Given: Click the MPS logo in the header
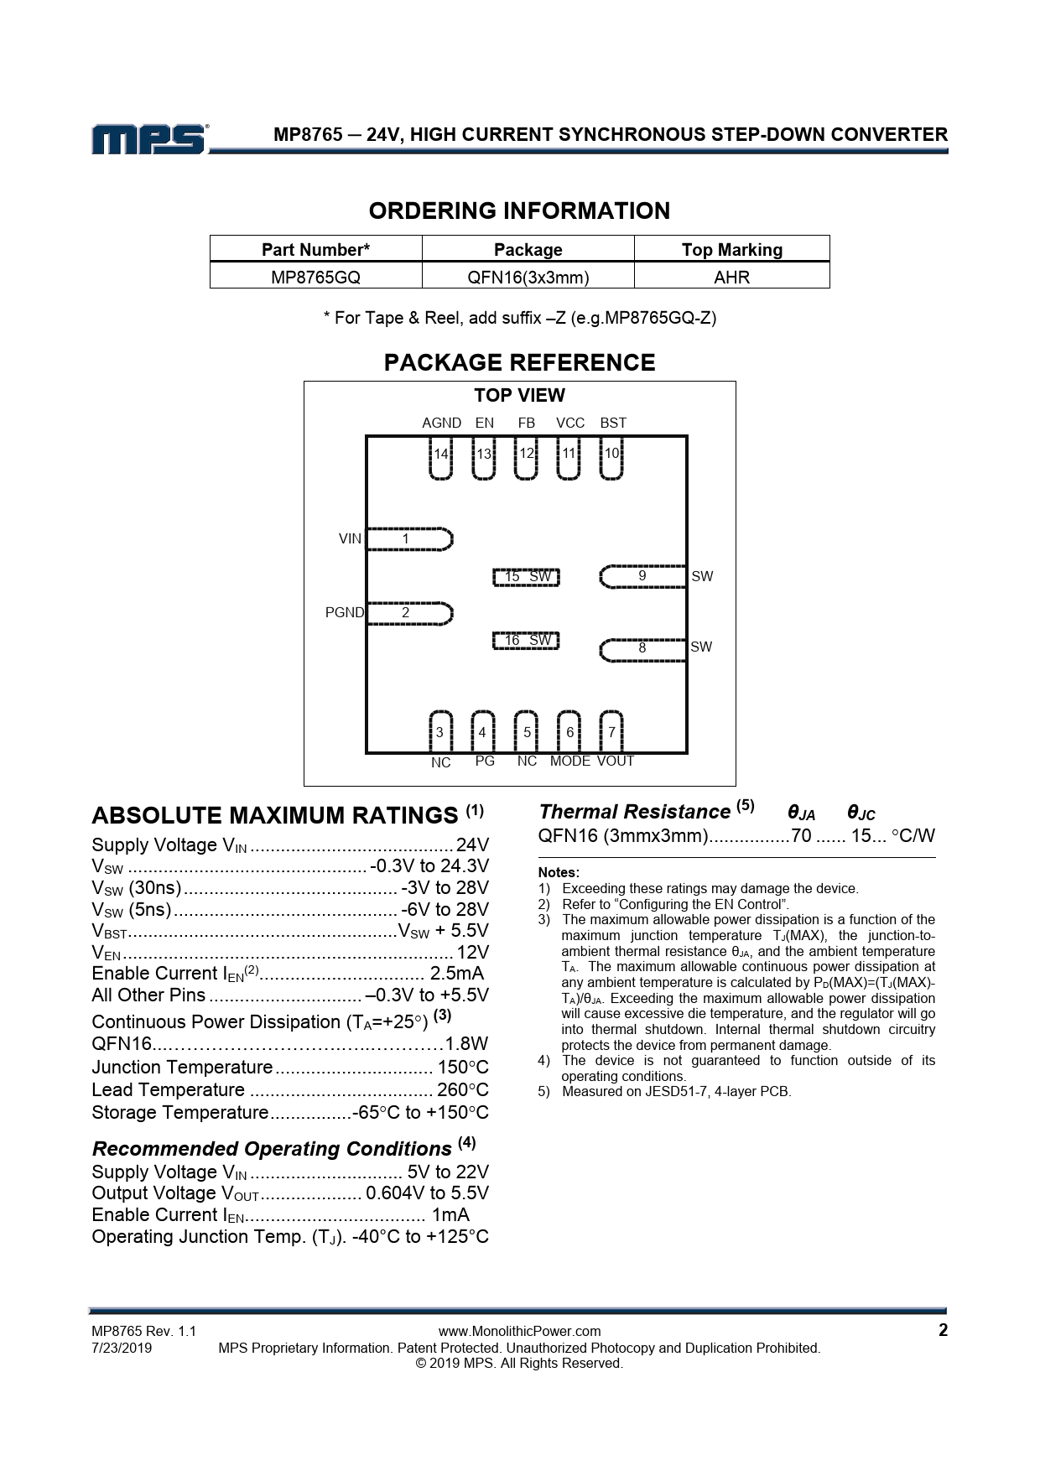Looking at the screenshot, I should pyautogui.click(x=149, y=139).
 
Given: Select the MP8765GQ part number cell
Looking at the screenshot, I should pyautogui.click(x=315, y=276).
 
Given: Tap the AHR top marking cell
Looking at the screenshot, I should pyautogui.click(x=731, y=276).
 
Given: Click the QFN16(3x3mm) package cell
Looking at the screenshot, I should pyautogui.click(x=528, y=276).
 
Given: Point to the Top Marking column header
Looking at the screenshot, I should pyautogui.click(x=731, y=249).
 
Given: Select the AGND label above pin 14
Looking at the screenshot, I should pyautogui.click(x=441, y=423).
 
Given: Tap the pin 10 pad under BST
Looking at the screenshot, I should pyautogui.click(x=612, y=460).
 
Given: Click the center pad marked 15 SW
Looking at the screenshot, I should pyautogui.click(x=526, y=577).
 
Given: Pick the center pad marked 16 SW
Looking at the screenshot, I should pyautogui.click(x=526, y=641).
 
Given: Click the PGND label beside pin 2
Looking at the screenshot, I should pyautogui.click(x=344, y=612).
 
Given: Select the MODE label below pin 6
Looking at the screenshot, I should pyautogui.click(x=570, y=761).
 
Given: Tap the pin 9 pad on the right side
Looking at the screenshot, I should pyautogui.click(x=643, y=576).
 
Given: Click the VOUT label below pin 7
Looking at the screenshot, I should pyautogui.click(x=616, y=761).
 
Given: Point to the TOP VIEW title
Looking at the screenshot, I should pyautogui.click(x=519, y=395).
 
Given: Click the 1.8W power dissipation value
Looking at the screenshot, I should pyautogui.click(x=466, y=1044).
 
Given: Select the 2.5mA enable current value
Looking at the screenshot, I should pyautogui.click(x=456, y=973).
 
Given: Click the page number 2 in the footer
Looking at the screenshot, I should pyautogui.click(x=943, y=1330).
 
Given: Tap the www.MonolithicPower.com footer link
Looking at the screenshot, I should pyautogui.click(x=519, y=1331).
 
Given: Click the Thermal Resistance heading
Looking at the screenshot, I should pyautogui.click(x=634, y=812).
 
